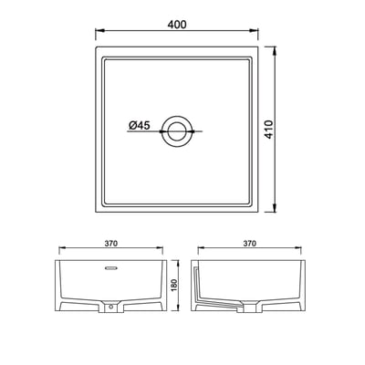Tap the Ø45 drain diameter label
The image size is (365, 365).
point(140,126)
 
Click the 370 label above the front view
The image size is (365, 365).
point(111,245)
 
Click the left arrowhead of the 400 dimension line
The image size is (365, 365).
point(98,37)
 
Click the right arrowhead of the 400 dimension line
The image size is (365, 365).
point(256,37)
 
